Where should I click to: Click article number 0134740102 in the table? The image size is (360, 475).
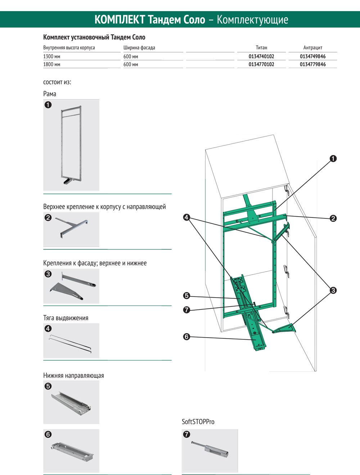click(x=261, y=56)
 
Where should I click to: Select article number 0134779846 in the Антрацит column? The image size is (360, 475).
click(x=312, y=64)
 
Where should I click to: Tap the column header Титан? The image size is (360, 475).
click(x=261, y=47)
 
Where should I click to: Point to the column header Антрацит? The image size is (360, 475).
click(x=312, y=47)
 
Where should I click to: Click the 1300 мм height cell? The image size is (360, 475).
click(x=52, y=56)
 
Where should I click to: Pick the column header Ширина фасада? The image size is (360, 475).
click(x=139, y=47)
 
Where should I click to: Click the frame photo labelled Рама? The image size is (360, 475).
click(x=71, y=145)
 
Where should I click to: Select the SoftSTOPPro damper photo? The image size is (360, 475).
click(x=210, y=450)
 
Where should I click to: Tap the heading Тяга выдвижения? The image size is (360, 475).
click(x=66, y=318)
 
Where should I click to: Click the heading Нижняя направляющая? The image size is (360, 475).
click(x=73, y=375)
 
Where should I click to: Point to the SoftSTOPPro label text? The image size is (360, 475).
click(x=198, y=422)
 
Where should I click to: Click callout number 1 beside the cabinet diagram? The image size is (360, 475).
click(x=333, y=159)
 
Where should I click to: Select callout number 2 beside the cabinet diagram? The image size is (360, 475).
click(x=333, y=218)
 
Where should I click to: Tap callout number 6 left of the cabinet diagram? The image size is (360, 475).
click(x=186, y=337)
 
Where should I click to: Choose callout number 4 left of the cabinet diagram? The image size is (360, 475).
click(x=186, y=217)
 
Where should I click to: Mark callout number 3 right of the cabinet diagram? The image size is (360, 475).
click(x=333, y=290)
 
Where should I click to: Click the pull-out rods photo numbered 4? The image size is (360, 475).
click(x=71, y=341)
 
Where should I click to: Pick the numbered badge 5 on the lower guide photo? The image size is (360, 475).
click(x=48, y=386)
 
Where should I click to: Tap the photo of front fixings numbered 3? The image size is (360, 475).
click(x=71, y=286)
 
